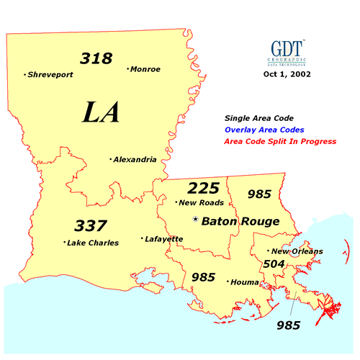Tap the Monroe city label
tap(145, 69)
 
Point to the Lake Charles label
tap(93, 243)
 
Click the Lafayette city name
tap(163, 238)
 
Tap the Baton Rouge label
tap(240, 221)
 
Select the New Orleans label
tap(297, 251)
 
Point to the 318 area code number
tap(96, 58)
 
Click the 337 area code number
tap(91, 225)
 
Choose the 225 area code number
tap(202, 189)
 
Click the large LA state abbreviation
tap(100, 113)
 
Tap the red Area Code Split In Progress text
tap(281, 142)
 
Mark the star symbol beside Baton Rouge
tap(195, 220)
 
